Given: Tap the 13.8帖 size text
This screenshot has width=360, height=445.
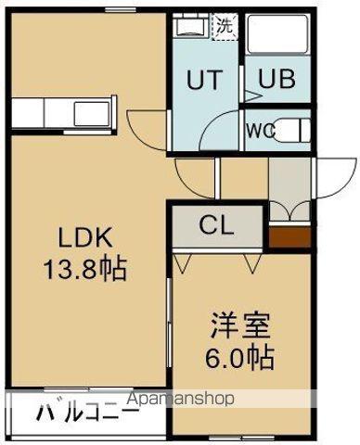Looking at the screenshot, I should tap(83, 270).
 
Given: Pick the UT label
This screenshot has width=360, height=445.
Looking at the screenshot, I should tap(207, 81).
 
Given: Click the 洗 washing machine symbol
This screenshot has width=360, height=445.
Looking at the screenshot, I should tap(225, 26).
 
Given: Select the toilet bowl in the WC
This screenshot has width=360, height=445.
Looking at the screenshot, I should tap(294, 129).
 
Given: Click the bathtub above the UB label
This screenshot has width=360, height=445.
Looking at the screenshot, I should tap(276, 38).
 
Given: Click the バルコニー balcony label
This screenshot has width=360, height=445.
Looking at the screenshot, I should tap(88, 412).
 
